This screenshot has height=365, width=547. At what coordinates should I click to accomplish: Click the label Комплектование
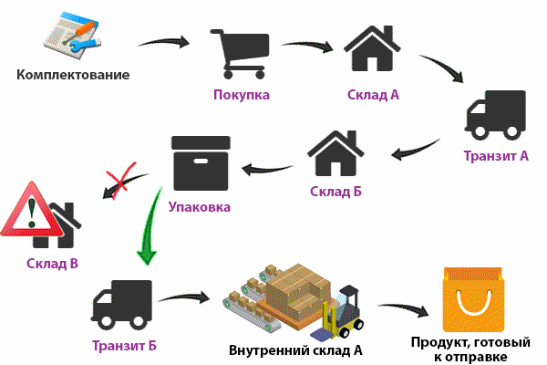[73, 75]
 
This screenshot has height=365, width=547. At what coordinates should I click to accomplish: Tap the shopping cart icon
[241, 53]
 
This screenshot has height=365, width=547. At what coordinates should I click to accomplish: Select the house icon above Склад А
[372, 48]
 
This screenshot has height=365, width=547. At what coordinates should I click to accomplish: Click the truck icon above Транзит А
[495, 115]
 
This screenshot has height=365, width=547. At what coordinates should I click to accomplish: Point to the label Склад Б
[335, 192]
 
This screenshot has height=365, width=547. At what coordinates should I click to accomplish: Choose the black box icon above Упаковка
[201, 163]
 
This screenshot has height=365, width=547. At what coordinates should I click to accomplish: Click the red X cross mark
[121, 181]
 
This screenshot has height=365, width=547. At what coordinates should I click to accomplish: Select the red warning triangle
[31, 211]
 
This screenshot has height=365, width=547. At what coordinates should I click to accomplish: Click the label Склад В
[52, 264]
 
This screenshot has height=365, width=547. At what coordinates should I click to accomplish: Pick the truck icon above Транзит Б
[122, 305]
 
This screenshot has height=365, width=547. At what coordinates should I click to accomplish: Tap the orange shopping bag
[473, 299]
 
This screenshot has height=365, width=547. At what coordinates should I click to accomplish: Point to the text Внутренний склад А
[295, 350]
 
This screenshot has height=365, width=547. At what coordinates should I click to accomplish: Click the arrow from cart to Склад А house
[307, 45]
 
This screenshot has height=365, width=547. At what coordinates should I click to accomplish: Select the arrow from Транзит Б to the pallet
[183, 298]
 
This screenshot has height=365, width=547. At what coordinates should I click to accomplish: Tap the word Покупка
[242, 95]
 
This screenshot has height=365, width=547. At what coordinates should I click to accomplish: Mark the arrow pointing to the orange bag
[403, 309]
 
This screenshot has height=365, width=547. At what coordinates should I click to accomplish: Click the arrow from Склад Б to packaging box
[267, 170]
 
